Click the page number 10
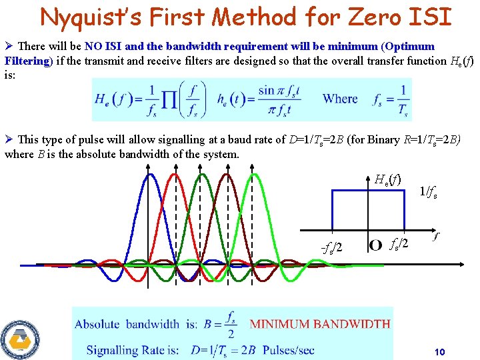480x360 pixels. click(439, 352)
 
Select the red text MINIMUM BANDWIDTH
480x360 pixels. click(320, 324)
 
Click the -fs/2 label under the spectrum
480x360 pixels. click(331, 248)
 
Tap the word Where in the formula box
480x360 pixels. click(340, 99)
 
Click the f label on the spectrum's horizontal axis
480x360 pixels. click(436, 235)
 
